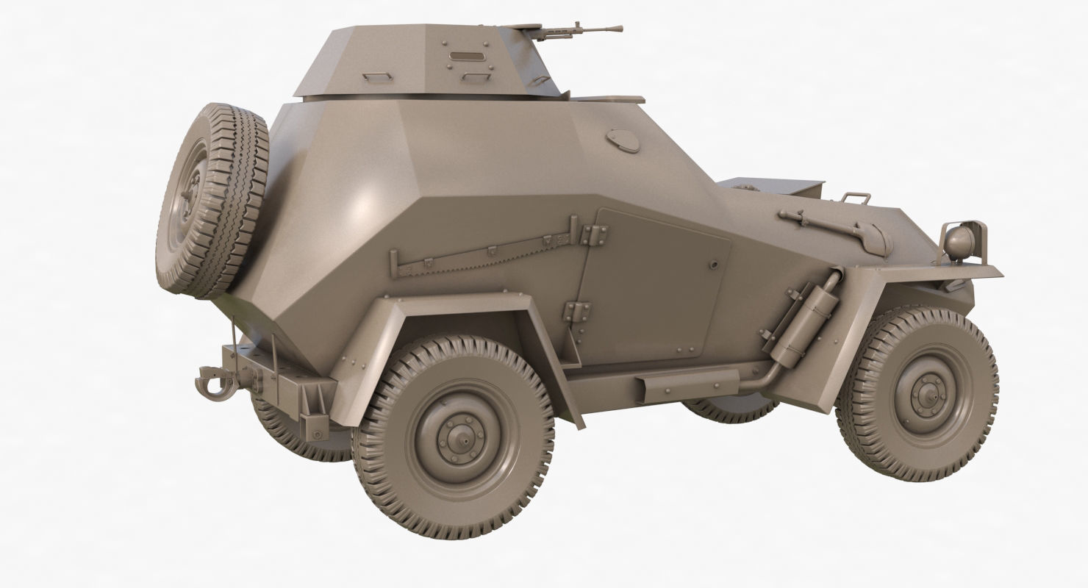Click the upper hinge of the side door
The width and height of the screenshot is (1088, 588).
pos(593,235)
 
